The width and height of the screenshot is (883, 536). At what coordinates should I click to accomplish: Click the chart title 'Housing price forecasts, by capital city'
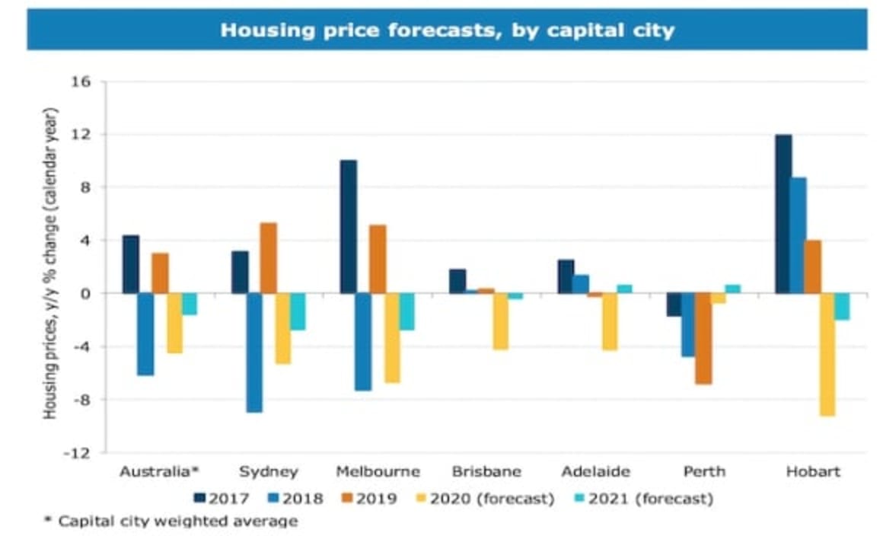[x=447, y=30]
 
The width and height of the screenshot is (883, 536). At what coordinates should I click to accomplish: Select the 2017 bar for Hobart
[x=783, y=214]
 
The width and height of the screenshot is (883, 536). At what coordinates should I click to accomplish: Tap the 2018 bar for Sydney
[x=254, y=353]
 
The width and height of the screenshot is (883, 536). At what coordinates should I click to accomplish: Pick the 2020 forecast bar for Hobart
[x=827, y=354]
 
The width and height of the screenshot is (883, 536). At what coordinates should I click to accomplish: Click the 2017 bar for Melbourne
[x=349, y=226]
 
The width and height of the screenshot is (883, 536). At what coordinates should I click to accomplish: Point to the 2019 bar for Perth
[x=703, y=339]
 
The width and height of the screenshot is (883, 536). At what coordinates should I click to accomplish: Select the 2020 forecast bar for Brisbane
[x=501, y=321]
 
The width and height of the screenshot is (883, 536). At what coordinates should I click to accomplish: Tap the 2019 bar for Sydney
[x=269, y=258]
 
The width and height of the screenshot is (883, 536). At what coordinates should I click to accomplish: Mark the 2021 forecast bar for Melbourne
[x=407, y=311]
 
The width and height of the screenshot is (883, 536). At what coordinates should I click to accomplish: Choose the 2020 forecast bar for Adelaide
[x=610, y=321]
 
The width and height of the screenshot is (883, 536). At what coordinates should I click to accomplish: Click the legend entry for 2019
[x=368, y=499]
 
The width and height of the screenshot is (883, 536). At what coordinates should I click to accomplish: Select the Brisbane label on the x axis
[x=486, y=471]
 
